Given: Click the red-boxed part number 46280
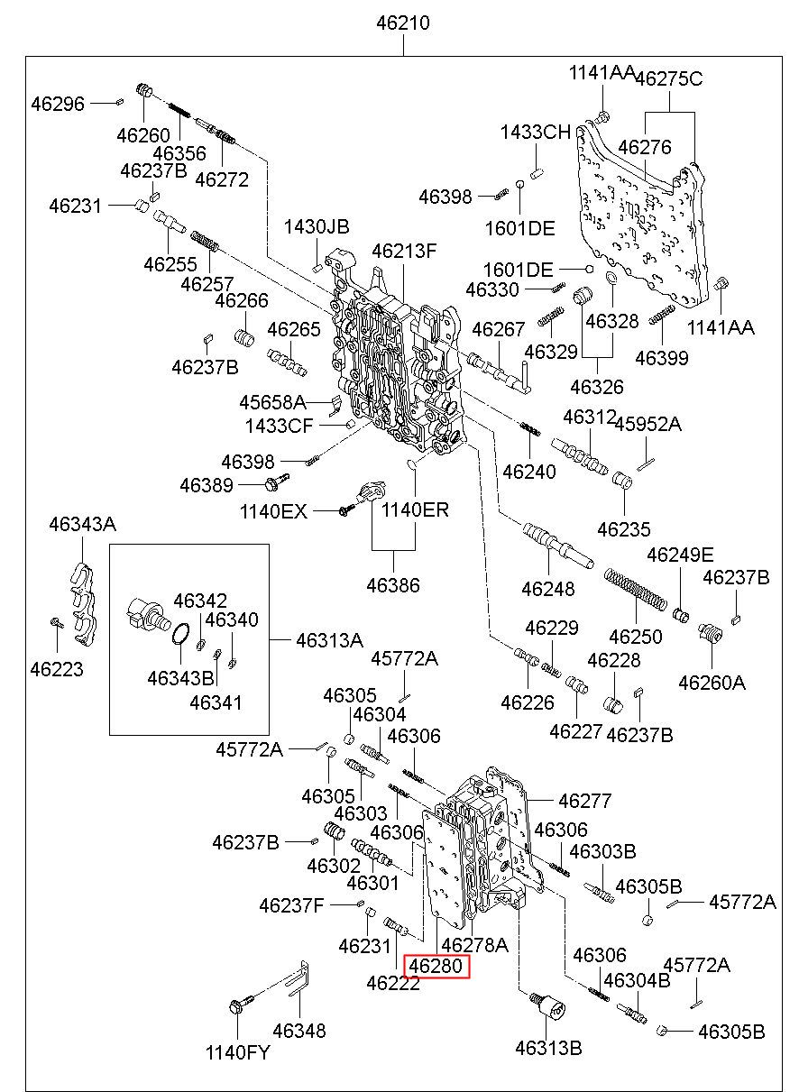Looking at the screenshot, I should point(436,967).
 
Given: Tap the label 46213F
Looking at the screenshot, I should point(404,251).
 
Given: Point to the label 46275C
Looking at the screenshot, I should point(668,78).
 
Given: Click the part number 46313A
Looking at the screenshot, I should point(330,640).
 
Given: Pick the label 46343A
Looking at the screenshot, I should point(82,524).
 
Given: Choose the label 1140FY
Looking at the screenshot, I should point(237,1051).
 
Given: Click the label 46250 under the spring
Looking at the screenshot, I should point(636,637).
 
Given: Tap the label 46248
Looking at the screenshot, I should point(547,589).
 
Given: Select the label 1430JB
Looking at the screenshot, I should point(317,226).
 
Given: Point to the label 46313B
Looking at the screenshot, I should point(548,1047).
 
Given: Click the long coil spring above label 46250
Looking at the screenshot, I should point(635,592).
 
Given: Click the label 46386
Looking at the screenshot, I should point(393,585).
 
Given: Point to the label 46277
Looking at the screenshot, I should point(584,800).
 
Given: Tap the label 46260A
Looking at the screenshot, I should point(712,683).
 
